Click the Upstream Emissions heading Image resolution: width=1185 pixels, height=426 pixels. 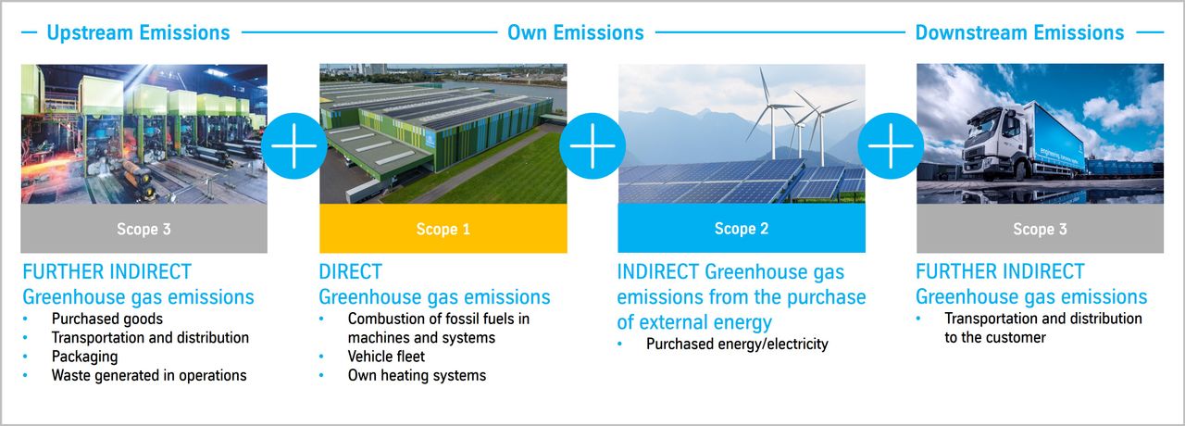(138, 32)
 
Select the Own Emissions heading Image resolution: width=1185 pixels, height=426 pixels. (576, 32)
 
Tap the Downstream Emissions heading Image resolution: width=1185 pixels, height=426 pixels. (1019, 32)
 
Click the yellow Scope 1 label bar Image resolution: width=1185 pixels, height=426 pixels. (443, 229)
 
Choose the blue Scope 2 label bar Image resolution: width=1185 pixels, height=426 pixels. (742, 228)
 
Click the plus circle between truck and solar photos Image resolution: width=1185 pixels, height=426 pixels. (891, 145)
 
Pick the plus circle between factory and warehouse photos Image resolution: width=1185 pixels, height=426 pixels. (294, 145)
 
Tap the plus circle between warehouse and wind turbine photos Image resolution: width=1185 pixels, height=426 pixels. (592, 145)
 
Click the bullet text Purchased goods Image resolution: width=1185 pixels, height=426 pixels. (107, 319)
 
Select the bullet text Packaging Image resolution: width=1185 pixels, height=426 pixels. (84, 357)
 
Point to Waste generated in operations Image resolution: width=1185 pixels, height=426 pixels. (149, 375)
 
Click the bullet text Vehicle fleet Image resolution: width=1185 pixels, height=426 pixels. (386, 357)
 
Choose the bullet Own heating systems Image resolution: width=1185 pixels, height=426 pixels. (417, 375)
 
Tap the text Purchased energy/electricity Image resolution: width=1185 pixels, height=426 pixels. (737, 344)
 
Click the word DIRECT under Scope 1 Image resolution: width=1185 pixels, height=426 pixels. (350, 272)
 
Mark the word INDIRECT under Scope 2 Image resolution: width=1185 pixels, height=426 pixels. (658, 272)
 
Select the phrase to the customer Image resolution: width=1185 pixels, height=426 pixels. (995, 338)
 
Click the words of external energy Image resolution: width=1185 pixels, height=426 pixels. (694, 322)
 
